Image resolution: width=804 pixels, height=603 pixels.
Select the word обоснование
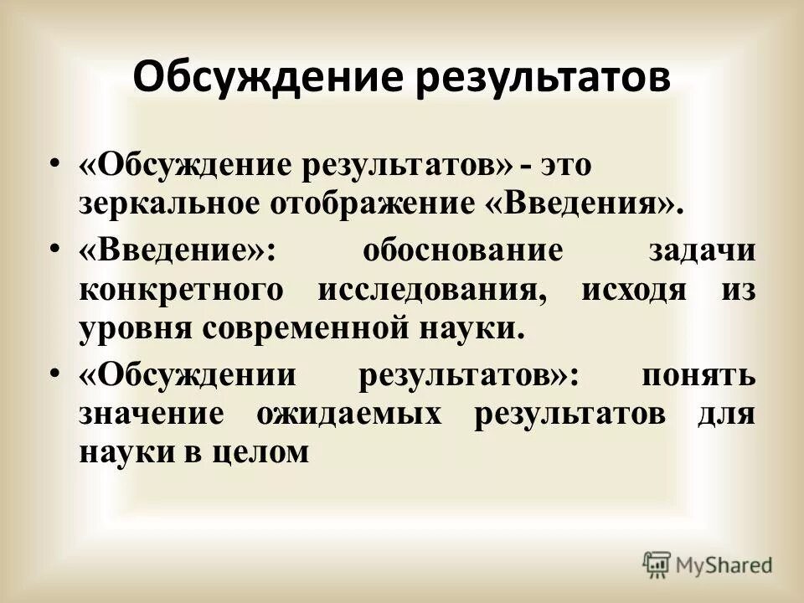(461, 250)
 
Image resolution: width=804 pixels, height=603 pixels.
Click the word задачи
(702, 250)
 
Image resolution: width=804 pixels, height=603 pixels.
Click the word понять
(697, 376)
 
